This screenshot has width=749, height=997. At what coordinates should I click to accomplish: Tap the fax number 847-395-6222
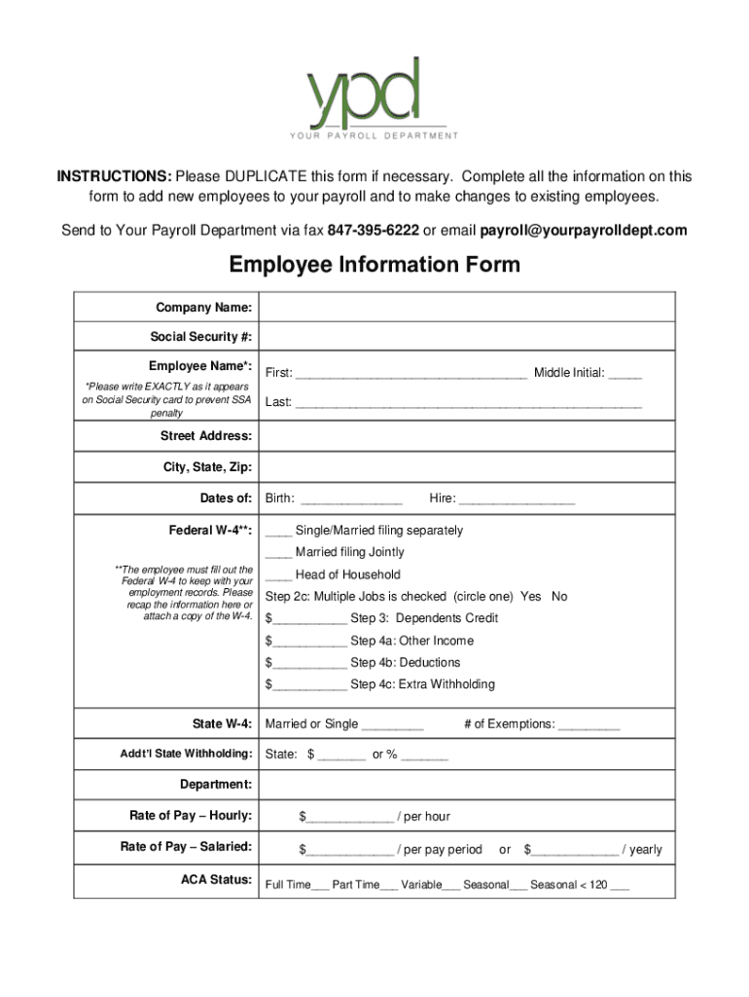[373, 231]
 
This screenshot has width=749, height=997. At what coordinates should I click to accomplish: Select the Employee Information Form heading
[374, 265]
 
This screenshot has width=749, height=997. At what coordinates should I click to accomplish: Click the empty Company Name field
[467, 307]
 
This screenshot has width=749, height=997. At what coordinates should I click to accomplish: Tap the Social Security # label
[201, 337]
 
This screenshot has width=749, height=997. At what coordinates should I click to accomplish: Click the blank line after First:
[410, 374]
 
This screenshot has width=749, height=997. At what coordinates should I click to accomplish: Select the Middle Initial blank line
[625, 374]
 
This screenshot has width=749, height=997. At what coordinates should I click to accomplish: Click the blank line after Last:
[468, 403]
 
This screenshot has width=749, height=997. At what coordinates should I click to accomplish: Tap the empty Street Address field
[467, 436]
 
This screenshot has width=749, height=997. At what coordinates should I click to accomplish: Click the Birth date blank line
[351, 500]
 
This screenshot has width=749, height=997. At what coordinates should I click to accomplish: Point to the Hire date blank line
[517, 500]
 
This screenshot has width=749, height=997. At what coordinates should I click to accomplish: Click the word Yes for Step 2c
[531, 596]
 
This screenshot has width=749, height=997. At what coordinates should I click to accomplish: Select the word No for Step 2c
[559, 596]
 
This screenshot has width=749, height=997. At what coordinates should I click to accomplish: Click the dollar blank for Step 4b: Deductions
[309, 664]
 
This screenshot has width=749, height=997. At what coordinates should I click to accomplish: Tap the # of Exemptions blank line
[588, 725]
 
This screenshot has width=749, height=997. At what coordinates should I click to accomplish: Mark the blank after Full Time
[320, 887]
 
